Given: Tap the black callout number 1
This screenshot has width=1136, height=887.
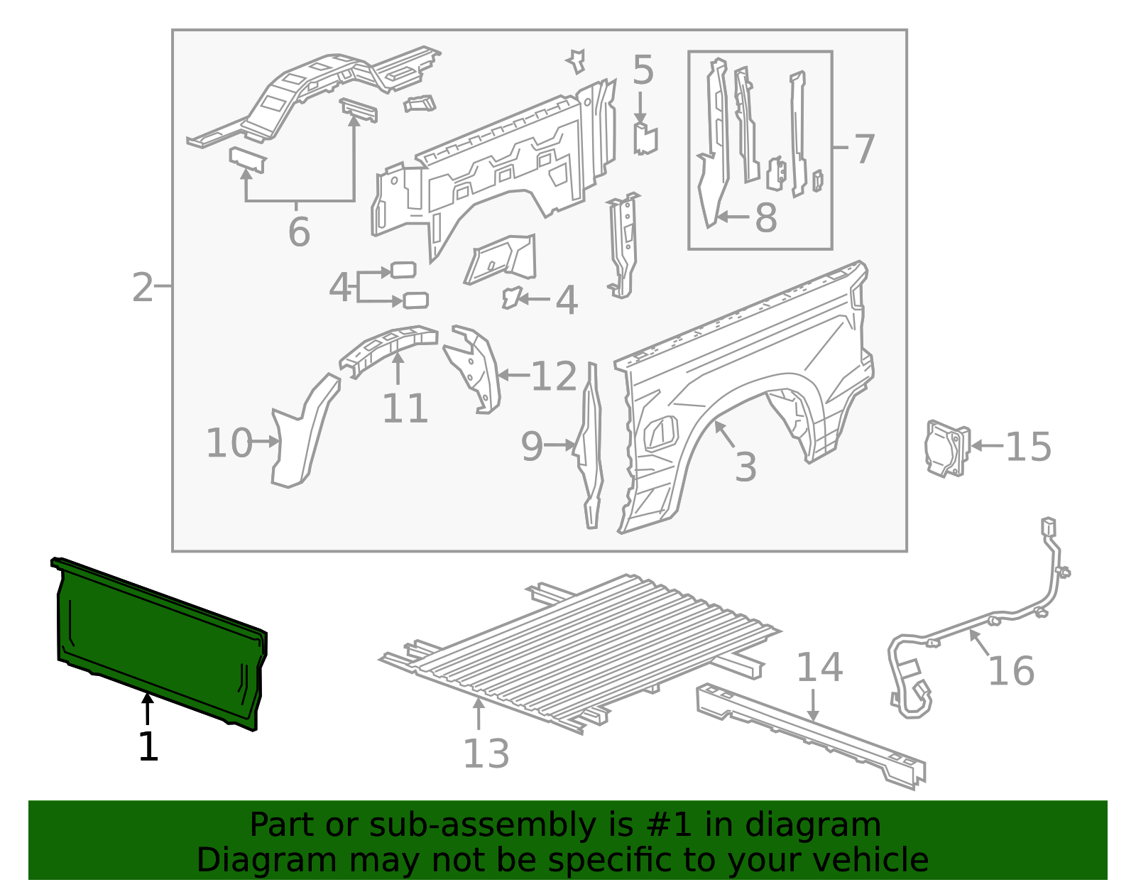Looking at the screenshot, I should coord(148,748).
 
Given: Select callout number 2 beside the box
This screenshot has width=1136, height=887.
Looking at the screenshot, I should coord(143,288).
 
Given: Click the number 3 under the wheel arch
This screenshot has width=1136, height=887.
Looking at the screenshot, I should coord(745,467).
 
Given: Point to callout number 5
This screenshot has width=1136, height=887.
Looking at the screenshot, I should coord(643,71).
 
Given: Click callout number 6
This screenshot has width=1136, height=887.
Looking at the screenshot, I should coord(299,232).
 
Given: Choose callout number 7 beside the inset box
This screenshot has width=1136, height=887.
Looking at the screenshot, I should coord(863,150).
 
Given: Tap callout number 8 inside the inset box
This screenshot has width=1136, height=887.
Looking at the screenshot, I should coord(765,218).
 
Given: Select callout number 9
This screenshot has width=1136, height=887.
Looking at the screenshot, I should coord(532,447).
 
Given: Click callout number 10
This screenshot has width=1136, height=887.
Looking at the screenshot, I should coord(229,443).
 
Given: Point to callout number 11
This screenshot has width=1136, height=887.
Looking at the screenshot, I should coord(405,409).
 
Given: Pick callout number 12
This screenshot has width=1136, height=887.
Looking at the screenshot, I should coord(554,376).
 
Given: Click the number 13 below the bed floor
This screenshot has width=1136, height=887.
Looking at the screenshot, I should coord(486,754).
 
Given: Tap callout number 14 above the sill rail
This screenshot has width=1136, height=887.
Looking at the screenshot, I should coord(819,668).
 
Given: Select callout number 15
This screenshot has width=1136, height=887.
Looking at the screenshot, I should coord(1028,447).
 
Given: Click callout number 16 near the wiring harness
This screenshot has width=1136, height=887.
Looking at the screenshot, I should coord(1011,671).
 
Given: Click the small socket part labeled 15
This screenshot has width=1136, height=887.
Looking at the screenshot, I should coord(947,447).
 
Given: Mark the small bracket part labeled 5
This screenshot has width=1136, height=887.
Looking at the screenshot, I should coord(645,139).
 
